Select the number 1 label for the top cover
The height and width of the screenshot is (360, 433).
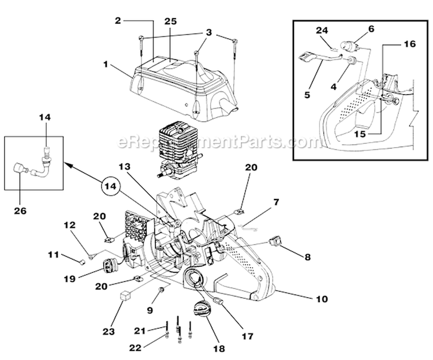coord(106,65)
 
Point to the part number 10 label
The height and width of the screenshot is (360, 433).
coord(322,299)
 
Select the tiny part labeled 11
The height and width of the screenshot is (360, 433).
coord(83,261)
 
